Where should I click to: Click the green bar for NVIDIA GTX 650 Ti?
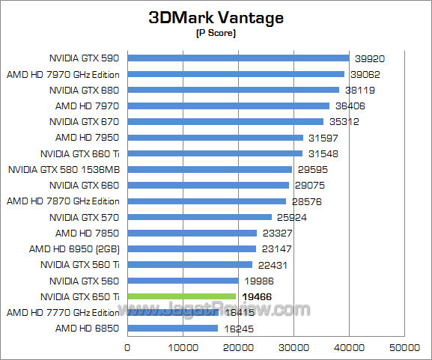pyautogui.click(x=182, y=296)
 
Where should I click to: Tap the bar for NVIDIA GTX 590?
pyautogui.click(x=238, y=58)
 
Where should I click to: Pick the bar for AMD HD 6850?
pyautogui.click(x=173, y=329)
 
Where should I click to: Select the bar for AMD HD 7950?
pyautogui.click(x=216, y=137)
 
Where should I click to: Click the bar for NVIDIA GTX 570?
pyautogui.click(x=200, y=217)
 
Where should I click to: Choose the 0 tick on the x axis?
pyautogui.click(x=127, y=347)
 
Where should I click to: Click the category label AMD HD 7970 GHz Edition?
pyautogui.click(x=64, y=74)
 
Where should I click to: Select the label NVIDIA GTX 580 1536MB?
pyautogui.click(x=64, y=169)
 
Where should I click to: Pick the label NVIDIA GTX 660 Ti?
pyautogui.click(x=85, y=153)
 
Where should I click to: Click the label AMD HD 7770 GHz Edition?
pyautogui.click(x=64, y=312)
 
